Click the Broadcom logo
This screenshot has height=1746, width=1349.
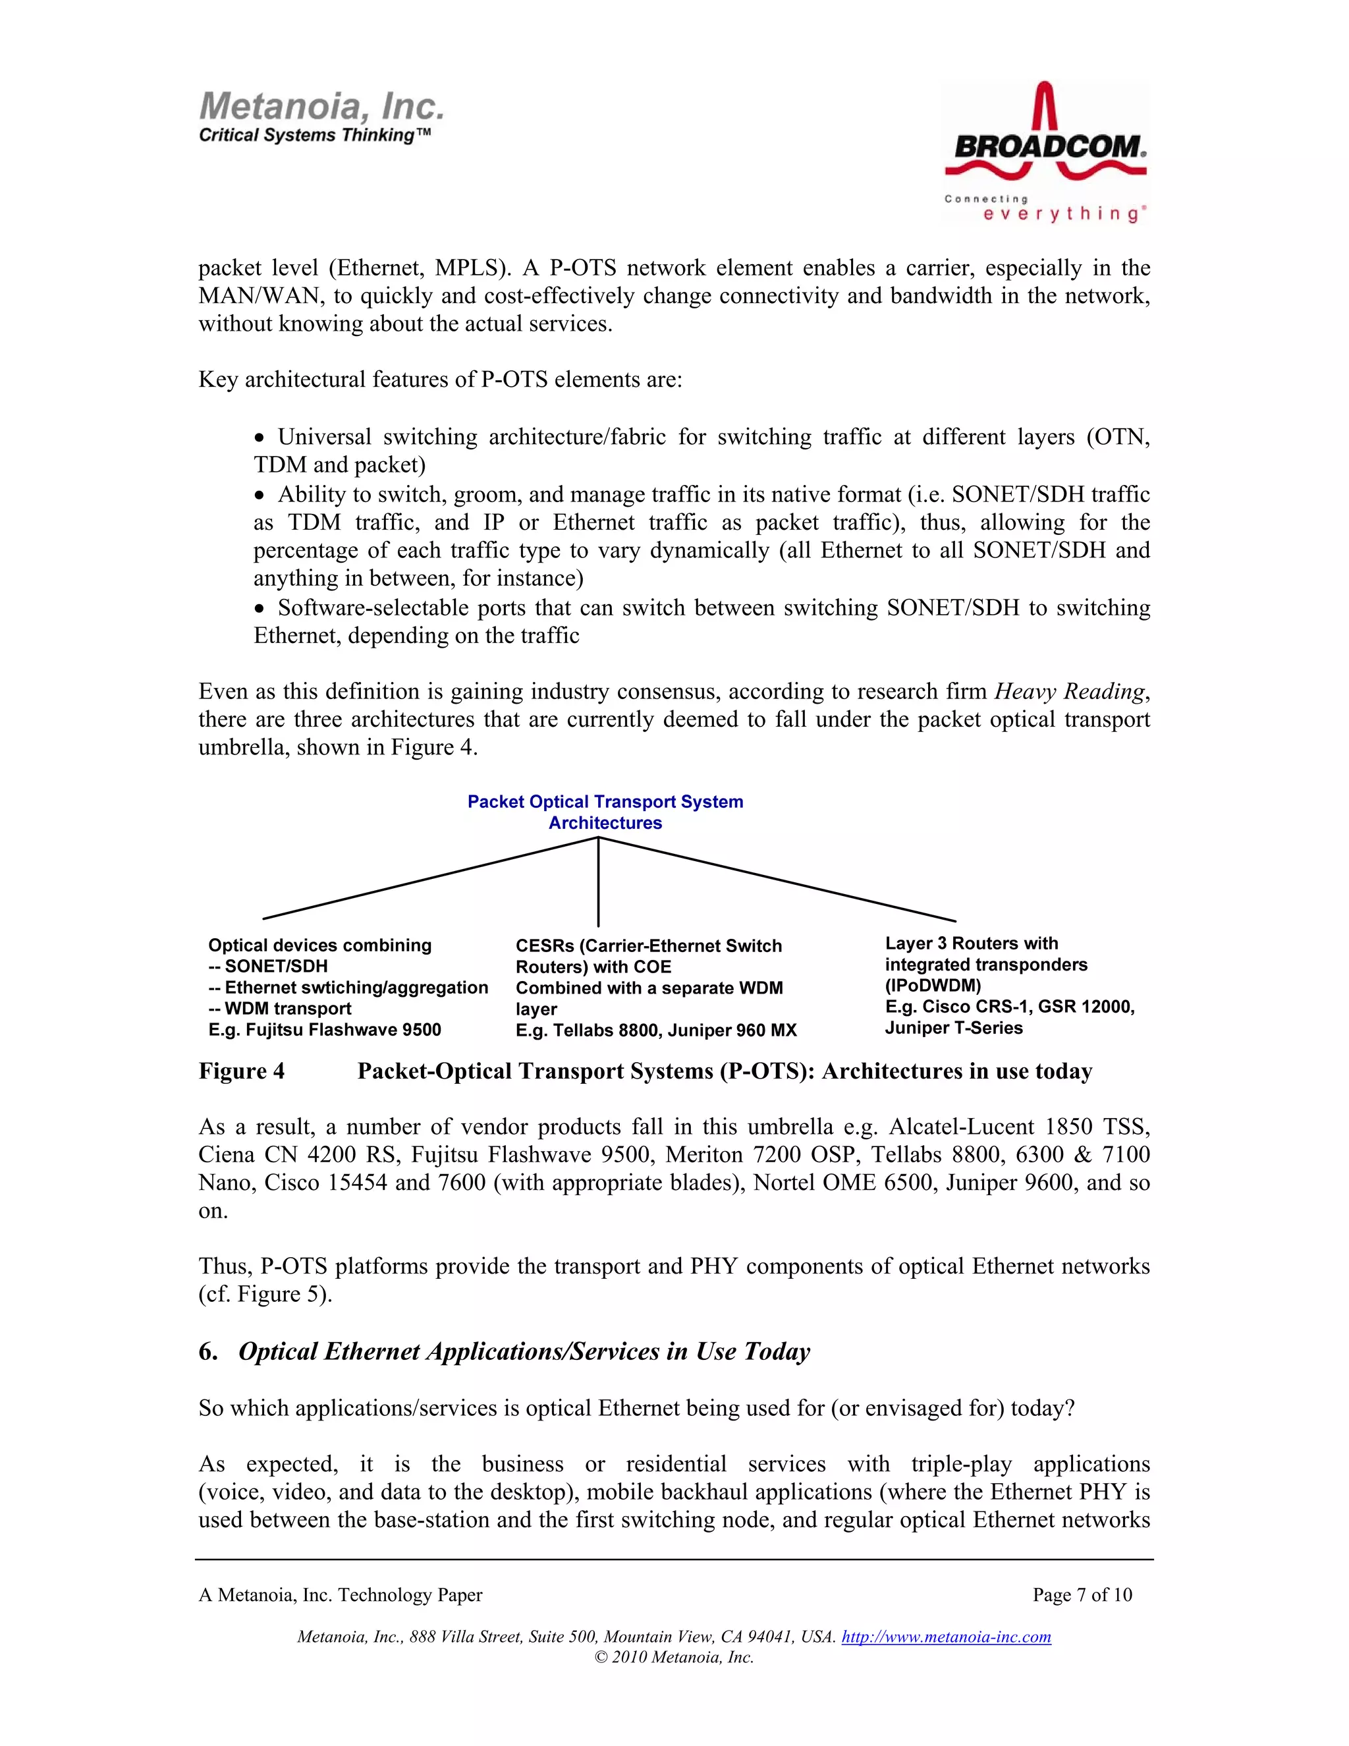pyautogui.click(x=1045, y=152)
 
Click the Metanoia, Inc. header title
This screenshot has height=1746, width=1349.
pyautogui.click(x=321, y=106)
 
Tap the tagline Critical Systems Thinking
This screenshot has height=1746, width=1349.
pyautogui.click(x=315, y=135)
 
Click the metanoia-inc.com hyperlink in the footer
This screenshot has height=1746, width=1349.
pyautogui.click(x=947, y=1637)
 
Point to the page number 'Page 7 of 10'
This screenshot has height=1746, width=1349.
pyautogui.click(x=1082, y=1595)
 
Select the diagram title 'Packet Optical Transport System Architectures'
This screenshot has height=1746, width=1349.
pyautogui.click(x=605, y=812)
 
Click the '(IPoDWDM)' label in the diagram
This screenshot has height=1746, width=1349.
pyautogui.click(x=933, y=986)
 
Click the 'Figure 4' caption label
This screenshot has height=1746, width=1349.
pyautogui.click(x=241, y=1071)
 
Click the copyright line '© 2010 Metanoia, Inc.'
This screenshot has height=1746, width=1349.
pyautogui.click(x=674, y=1657)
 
